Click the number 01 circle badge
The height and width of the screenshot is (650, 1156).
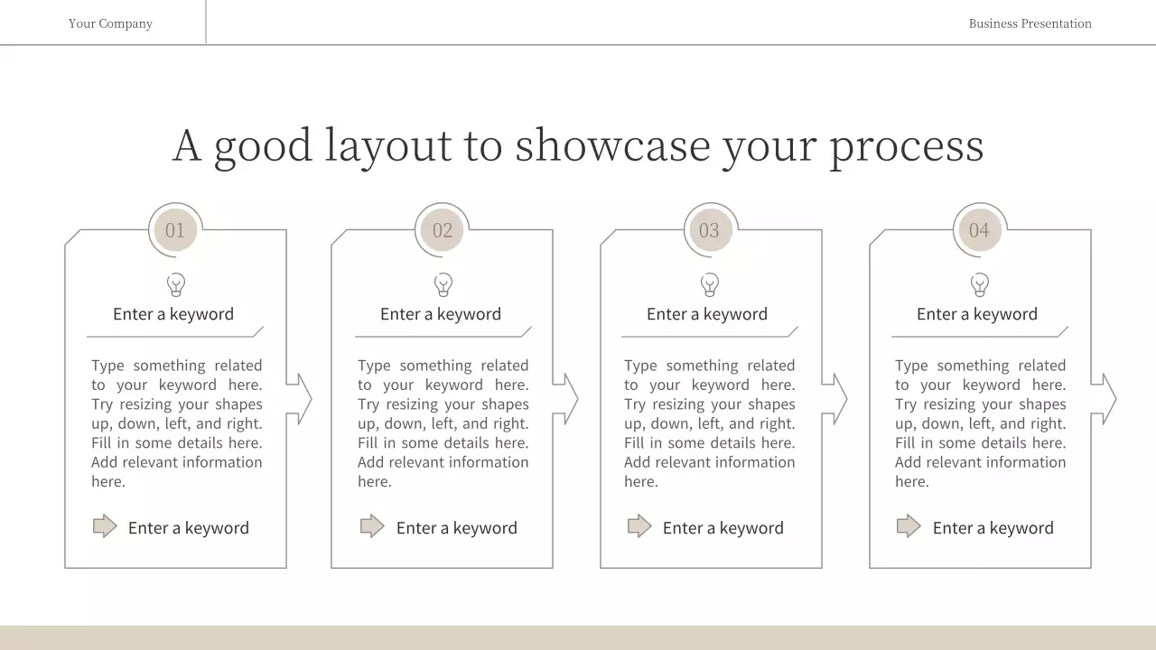[x=175, y=230]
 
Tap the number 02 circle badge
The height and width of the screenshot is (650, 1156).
[x=443, y=230]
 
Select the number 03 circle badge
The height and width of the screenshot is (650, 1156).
[x=710, y=230]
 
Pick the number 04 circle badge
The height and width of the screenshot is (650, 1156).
[x=979, y=230]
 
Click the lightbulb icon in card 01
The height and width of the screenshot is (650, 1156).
[x=176, y=285]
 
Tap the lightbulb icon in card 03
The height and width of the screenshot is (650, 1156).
[x=710, y=285]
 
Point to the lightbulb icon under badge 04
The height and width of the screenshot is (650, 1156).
[x=980, y=285]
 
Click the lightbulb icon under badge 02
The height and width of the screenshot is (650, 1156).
[x=443, y=285]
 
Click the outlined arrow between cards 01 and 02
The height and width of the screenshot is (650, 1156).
[x=299, y=399]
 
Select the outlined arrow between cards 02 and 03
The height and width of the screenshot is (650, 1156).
[x=565, y=399]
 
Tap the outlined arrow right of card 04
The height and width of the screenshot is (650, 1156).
[x=1104, y=399]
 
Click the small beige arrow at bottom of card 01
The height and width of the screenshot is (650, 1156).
[x=105, y=526]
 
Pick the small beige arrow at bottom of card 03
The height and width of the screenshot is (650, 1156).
[x=639, y=526]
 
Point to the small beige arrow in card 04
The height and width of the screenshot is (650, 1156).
[x=909, y=526]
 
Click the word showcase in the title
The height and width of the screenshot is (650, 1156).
[x=612, y=145]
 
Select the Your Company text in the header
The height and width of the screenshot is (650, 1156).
[x=110, y=23]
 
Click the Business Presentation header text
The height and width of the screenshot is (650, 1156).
[x=1030, y=23]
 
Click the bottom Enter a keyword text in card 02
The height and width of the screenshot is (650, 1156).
[x=456, y=528]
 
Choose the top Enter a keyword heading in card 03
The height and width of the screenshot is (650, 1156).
[x=707, y=314]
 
